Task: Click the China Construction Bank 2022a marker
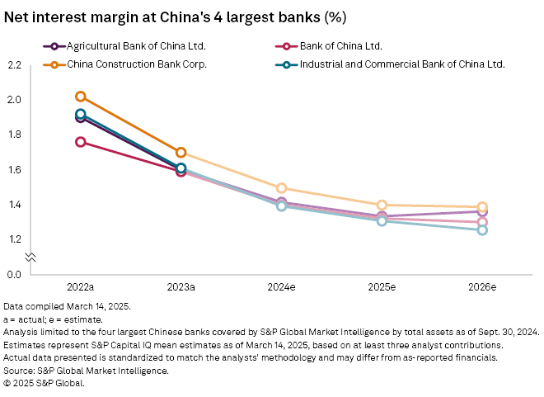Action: [x=80, y=97]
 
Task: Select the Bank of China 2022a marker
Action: [x=80, y=142]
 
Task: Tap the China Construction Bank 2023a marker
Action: [x=181, y=153]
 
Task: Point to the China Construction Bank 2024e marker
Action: [x=281, y=188]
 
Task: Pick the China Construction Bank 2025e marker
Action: [x=382, y=205]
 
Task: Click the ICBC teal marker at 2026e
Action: [x=482, y=229]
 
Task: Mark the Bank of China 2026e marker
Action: [x=482, y=222]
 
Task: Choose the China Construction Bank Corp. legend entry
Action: [x=130, y=63]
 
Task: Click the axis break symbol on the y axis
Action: [x=30, y=258]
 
